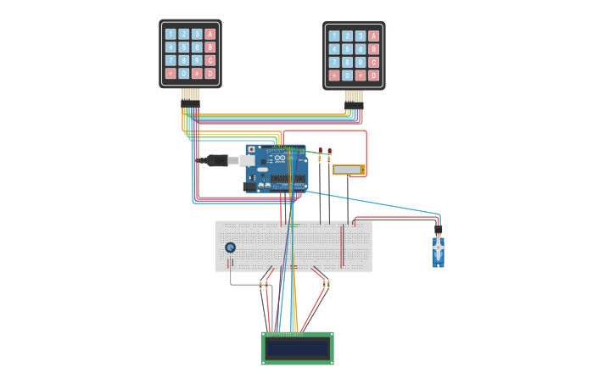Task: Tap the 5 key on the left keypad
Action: coord(183,47)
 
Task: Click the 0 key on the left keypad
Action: coord(183,74)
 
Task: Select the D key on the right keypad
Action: coord(373,75)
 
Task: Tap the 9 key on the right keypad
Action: coord(361,62)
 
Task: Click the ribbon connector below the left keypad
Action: coord(190,95)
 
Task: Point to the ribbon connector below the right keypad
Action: coord(354,97)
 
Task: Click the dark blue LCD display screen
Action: coord(297,348)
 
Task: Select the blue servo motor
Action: coord(438,250)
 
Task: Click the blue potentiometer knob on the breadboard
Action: coord(230,248)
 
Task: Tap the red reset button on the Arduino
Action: coord(251,149)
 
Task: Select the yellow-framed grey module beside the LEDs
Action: coord(348,170)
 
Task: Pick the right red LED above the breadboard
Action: coord(329,153)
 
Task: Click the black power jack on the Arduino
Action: coord(250,186)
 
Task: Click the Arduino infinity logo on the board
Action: coord(279,159)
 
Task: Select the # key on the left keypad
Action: coord(197,74)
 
